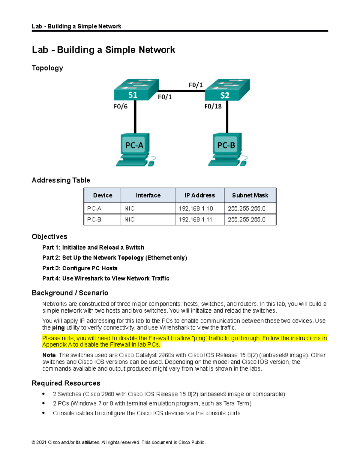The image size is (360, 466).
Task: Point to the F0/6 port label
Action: [121, 106]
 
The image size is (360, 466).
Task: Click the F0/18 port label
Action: [213, 106]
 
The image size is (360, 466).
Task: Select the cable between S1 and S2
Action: [181, 91]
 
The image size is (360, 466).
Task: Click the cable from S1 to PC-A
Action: [135, 117]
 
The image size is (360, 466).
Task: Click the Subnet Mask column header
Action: [250, 195]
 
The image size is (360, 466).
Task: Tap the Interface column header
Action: [148, 195]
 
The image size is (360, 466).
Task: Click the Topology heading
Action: [47, 68]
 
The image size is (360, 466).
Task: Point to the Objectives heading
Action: [49, 236]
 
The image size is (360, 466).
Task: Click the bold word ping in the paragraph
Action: [58, 328]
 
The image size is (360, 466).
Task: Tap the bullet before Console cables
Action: [44, 413]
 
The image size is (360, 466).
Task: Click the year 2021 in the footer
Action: [41, 442]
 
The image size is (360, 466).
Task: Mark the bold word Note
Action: [49, 355]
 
